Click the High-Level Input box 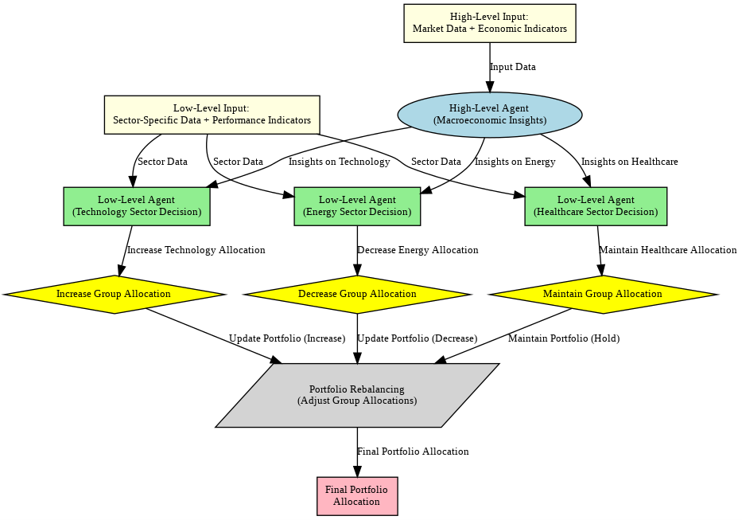click(490, 23)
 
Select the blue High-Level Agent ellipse click(490, 115)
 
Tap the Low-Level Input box click(212, 115)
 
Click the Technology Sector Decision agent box click(137, 206)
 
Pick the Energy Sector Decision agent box click(357, 206)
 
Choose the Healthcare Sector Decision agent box click(596, 206)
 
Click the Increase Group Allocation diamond click(114, 295)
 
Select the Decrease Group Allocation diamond click(357, 295)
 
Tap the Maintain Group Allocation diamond click(603, 295)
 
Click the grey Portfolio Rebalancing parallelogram click(357, 395)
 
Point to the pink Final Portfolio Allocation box click(357, 496)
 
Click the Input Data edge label click(513, 67)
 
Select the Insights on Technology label click(340, 162)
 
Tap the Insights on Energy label click(515, 162)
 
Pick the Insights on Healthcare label click(629, 162)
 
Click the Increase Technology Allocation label click(196, 250)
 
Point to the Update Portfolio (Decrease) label click(418, 338)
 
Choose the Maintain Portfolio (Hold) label click(564, 338)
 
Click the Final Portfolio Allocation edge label click(413, 452)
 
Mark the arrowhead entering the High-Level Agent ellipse click(490, 86)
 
